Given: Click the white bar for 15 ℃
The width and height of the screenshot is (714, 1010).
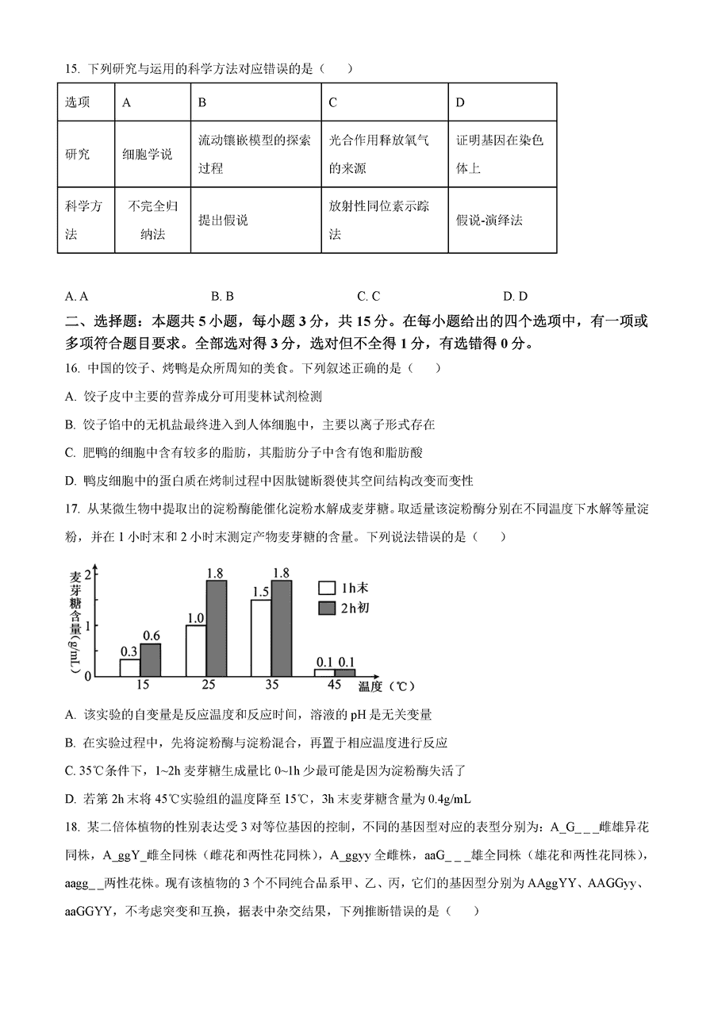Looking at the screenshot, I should [x=129, y=667].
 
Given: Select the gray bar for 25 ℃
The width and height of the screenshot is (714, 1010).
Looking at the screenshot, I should [x=216, y=628].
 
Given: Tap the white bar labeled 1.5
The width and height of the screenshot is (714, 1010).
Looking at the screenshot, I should [x=260, y=637].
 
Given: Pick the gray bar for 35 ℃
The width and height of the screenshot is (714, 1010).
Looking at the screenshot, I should [x=281, y=628].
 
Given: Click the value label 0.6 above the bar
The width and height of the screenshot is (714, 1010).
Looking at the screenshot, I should [x=151, y=636].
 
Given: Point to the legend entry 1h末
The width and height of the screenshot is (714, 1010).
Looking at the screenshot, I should [x=355, y=588].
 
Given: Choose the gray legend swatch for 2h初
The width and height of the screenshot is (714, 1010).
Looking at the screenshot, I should [x=326, y=608].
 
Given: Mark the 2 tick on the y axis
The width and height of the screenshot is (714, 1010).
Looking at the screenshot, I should [x=88, y=574].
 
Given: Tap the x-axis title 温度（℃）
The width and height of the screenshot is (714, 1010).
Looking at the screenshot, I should [x=386, y=686].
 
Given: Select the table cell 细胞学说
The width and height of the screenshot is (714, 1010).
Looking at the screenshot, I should [x=148, y=154].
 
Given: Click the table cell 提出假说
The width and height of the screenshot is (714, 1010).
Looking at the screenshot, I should [x=223, y=221].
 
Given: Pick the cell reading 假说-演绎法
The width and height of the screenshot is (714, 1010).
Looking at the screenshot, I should [x=489, y=221].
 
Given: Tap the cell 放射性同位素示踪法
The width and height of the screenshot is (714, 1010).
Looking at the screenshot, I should [x=379, y=220].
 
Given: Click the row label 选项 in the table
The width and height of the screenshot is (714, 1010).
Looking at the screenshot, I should [x=78, y=102].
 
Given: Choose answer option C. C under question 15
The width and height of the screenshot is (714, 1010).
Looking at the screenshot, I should [x=368, y=297].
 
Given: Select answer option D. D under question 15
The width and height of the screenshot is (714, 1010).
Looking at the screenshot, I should [x=515, y=297].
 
